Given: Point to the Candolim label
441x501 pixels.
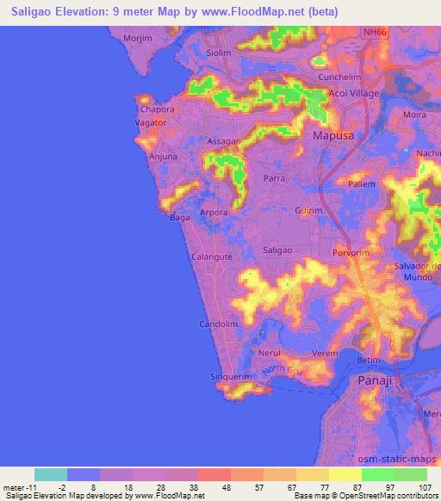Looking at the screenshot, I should [x=218, y=325].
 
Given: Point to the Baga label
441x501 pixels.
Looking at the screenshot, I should [x=179, y=218].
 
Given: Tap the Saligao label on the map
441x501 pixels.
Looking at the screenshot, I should [x=277, y=249].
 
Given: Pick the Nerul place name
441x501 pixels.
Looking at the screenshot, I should [x=270, y=353].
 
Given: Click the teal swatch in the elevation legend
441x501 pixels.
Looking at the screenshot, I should [x=51, y=474].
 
